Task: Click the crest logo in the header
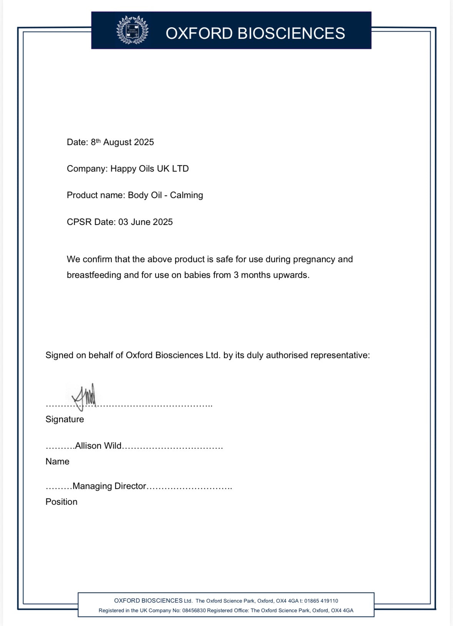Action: click(x=132, y=30)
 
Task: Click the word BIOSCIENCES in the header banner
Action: click(x=291, y=33)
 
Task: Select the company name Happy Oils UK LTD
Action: click(x=149, y=169)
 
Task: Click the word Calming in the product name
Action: click(x=186, y=195)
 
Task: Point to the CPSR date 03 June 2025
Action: click(x=146, y=222)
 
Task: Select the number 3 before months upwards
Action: click(x=236, y=275)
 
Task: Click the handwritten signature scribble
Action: click(x=85, y=396)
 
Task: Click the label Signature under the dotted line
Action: click(x=65, y=419)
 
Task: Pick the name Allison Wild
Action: click(x=98, y=446)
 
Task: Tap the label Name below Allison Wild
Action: click(x=57, y=462)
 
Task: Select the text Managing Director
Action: click(x=109, y=486)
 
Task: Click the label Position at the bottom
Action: click(x=61, y=502)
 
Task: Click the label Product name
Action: click(x=96, y=195)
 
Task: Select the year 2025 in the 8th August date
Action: click(x=144, y=142)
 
